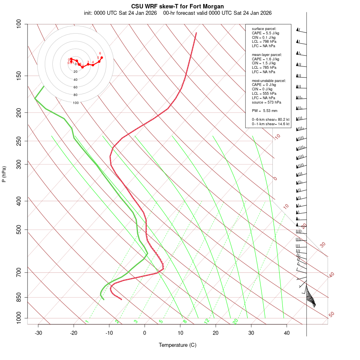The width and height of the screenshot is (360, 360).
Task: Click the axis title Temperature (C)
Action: (x=178, y=345)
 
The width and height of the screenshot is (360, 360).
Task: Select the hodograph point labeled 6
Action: (x=102, y=58)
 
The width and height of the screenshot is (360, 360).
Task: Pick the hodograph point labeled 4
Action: (x=93, y=65)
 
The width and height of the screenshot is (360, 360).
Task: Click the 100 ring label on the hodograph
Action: (x=76, y=103)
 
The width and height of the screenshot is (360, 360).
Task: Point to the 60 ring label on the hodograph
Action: (x=76, y=87)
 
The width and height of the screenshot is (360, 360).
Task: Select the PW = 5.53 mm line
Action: (x=264, y=110)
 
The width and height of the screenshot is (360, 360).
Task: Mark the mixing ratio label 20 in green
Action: (x=235, y=321)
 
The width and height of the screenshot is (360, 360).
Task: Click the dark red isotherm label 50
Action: (x=331, y=314)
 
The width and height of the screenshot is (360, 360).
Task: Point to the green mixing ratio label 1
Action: (x=87, y=322)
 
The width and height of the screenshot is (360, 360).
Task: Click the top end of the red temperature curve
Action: (x=196, y=33)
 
